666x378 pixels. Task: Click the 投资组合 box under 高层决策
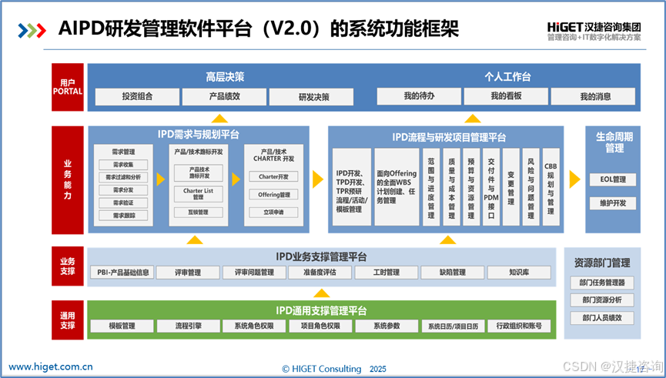pyautogui.click(x=137, y=97)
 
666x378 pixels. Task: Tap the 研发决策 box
pyautogui.click(x=314, y=97)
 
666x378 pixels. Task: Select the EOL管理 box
pyautogui.click(x=613, y=179)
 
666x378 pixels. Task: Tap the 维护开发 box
pyautogui.click(x=613, y=203)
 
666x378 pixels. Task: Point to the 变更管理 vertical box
pyautogui.click(x=511, y=186)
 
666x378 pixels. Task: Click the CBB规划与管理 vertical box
pyautogui.click(x=551, y=186)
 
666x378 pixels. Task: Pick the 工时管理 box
pyautogui.click(x=387, y=273)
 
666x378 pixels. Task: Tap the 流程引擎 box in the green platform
pyautogui.click(x=188, y=326)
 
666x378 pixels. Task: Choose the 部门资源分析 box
pyautogui.click(x=603, y=299)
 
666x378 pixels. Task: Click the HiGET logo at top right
pyautogui.click(x=593, y=28)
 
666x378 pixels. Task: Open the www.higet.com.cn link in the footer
pyautogui.click(x=51, y=366)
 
